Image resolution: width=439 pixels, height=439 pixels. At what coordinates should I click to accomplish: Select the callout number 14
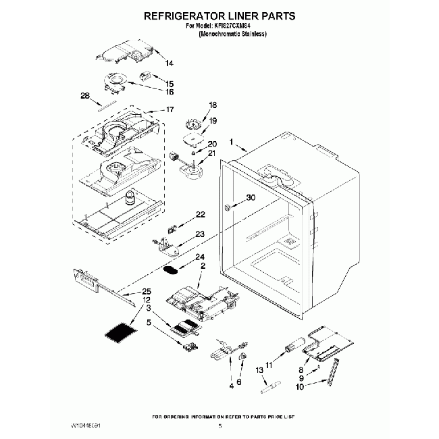(x=168, y=63)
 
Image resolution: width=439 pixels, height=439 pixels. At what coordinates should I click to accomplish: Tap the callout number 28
(x=85, y=95)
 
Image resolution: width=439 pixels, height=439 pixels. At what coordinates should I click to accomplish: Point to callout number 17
(x=170, y=109)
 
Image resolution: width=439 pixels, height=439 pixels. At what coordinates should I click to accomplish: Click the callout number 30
(x=251, y=198)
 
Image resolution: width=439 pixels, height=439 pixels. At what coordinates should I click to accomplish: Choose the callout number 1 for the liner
(x=231, y=143)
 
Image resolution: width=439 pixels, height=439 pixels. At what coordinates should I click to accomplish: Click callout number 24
(x=199, y=257)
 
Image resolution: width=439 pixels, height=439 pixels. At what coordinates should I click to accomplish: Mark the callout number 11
(x=268, y=365)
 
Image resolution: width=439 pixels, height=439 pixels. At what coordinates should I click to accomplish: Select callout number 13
(x=259, y=371)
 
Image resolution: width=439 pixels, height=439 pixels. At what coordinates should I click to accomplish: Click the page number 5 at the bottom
(x=219, y=427)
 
